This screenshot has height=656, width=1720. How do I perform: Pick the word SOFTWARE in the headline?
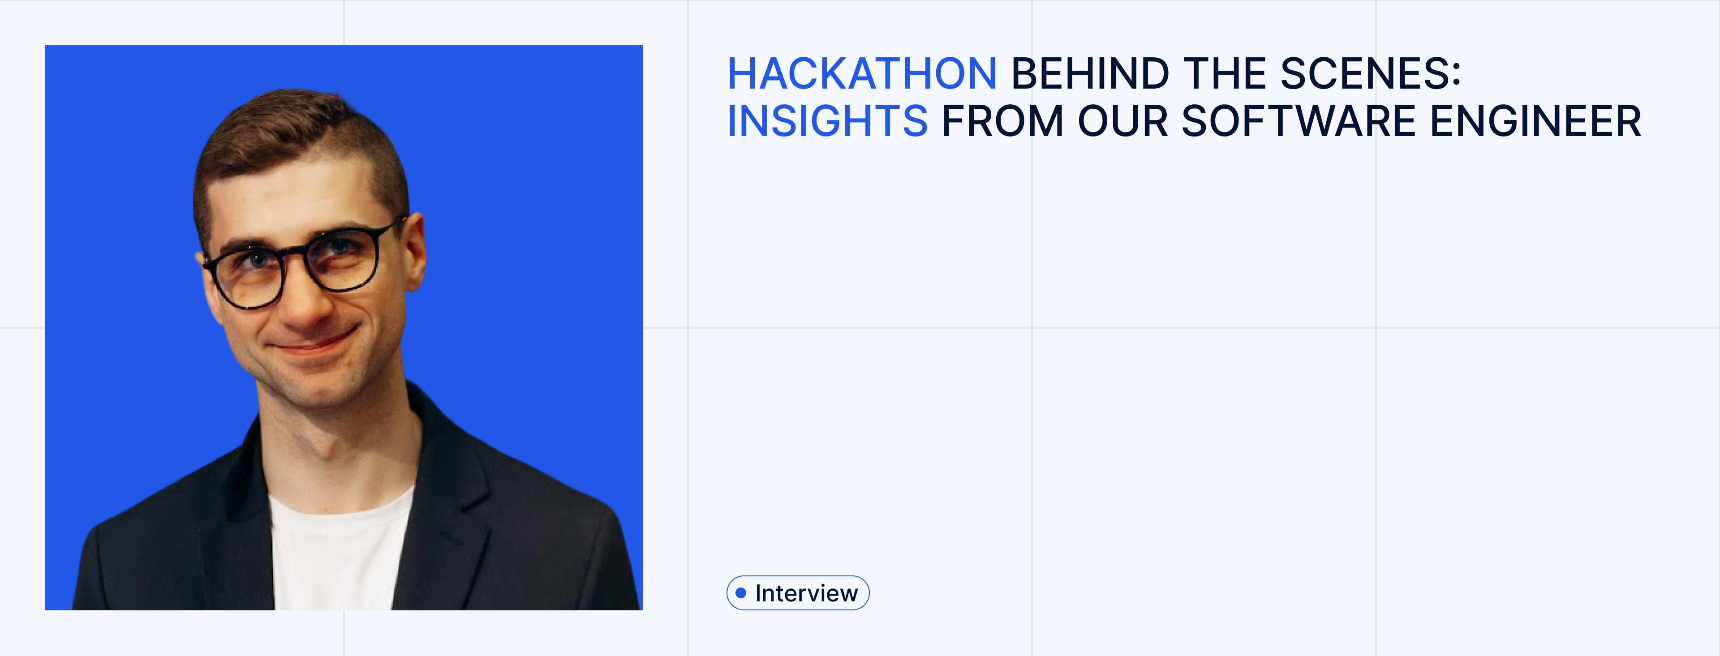pos(1298,121)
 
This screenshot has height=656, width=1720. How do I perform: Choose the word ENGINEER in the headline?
pos(1535,121)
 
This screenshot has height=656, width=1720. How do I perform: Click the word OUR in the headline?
pos(1122,121)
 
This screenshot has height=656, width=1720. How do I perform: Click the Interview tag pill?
pos(798,592)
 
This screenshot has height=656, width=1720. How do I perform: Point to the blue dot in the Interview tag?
pos(740,592)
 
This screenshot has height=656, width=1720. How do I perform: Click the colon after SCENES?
pos(1456,75)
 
